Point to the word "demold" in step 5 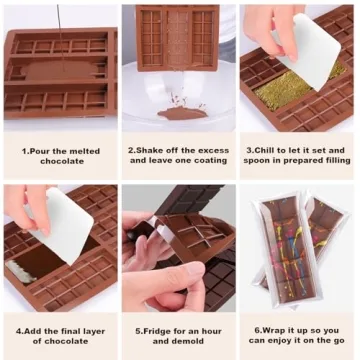200,341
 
